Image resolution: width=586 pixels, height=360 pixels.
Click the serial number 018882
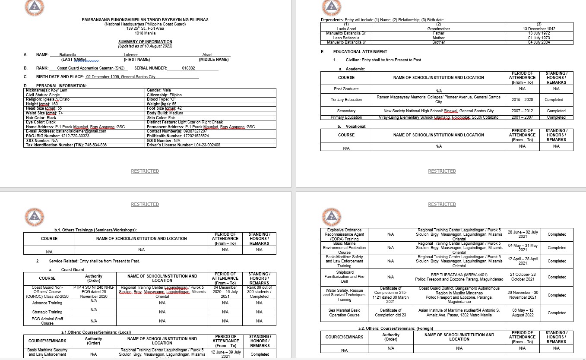[x=188, y=68]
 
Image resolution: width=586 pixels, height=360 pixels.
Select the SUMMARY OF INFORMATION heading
[x=145, y=42]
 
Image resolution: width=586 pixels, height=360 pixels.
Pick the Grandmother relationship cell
[x=439, y=28]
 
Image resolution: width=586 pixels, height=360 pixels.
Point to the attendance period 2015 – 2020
[x=522, y=100]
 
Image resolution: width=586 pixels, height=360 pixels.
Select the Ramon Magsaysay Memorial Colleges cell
[x=438, y=100]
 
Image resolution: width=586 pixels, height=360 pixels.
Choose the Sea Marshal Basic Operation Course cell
[x=344, y=313]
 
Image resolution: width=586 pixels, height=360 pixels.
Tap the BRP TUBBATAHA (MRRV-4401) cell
[x=459, y=277]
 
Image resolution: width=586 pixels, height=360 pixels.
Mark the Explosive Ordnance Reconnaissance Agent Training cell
[x=344, y=234]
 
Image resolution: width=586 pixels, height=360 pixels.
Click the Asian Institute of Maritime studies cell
[x=459, y=313]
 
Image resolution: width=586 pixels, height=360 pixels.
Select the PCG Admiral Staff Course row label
[x=48, y=321]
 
